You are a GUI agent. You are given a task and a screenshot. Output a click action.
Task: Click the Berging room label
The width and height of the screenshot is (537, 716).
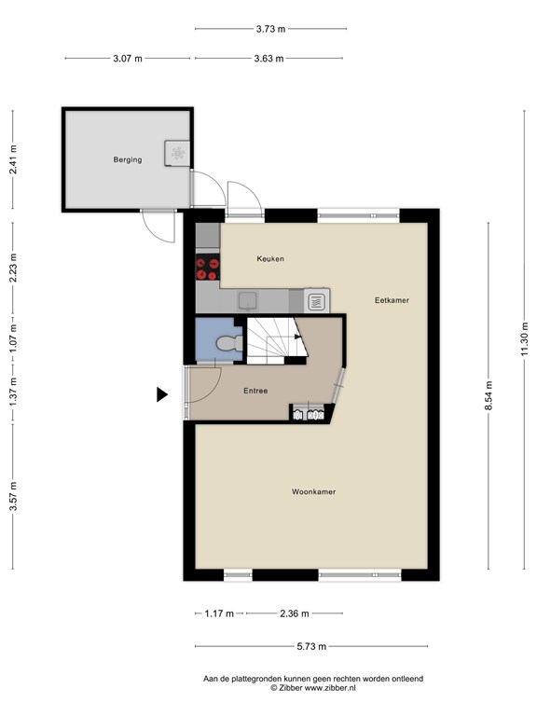pyautogui.click(x=128, y=159)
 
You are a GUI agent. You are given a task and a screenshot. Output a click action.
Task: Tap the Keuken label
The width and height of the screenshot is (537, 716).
pyautogui.click(x=270, y=258)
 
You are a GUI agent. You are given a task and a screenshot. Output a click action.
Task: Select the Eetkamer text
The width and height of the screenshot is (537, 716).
pyautogui.click(x=392, y=300)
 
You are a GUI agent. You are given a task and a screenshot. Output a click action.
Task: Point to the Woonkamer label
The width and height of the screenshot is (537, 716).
pyautogui.click(x=313, y=492)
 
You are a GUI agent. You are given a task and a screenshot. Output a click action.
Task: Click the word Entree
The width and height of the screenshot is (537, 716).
pyautogui.click(x=255, y=391)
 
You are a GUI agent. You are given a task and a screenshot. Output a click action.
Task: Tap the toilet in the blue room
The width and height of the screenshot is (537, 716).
pyautogui.click(x=229, y=343)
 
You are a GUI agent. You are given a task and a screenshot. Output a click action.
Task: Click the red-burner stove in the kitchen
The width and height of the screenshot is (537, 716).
pyautogui.click(x=208, y=268)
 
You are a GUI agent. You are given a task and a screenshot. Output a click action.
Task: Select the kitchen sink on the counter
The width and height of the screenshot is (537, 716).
pyautogui.click(x=248, y=300)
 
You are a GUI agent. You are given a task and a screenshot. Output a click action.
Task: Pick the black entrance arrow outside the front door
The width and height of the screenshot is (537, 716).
pyautogui.click(x=161, y=394)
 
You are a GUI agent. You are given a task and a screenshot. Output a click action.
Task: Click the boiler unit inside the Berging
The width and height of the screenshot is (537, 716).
pyautogui.click(x=177, y=153)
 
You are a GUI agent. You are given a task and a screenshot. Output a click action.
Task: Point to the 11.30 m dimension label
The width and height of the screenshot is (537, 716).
pyautogui.click(x=525, y=338)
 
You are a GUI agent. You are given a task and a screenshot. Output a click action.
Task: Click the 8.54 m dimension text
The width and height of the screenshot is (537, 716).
pyautogui.click(x=489, y=395)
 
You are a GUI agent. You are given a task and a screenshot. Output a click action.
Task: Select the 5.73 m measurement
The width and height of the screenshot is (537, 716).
pyautogui.click(x=312, y=646)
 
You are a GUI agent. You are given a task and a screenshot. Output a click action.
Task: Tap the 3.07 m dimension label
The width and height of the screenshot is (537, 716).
pyautogui.click(x=128, y=59)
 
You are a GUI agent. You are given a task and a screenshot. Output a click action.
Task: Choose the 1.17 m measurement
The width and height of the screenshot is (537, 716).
pyautogui.click(x=219, y=613)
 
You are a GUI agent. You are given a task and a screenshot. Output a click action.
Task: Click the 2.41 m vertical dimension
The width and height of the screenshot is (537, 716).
pyautogui.click(x=13, y=159)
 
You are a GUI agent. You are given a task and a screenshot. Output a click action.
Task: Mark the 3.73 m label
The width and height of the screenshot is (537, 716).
pyautogui.click(x=270, y=29)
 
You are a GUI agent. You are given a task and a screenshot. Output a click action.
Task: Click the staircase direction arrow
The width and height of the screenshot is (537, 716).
pyautogui.click(x=298, y=337)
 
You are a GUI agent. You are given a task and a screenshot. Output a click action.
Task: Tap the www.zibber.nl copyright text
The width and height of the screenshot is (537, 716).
pyautogui.click(x=313, y=688)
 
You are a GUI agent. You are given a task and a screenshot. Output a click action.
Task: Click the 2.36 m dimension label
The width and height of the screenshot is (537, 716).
pyautogui.click(x=295, y=613)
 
